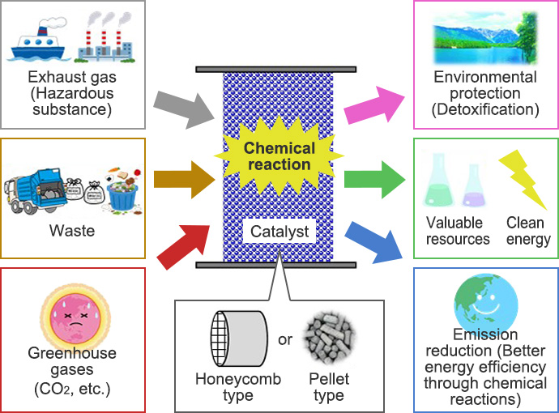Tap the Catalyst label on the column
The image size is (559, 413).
[279, 232]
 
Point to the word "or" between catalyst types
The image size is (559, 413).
[284, 339]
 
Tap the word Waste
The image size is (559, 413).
[72, 232]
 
